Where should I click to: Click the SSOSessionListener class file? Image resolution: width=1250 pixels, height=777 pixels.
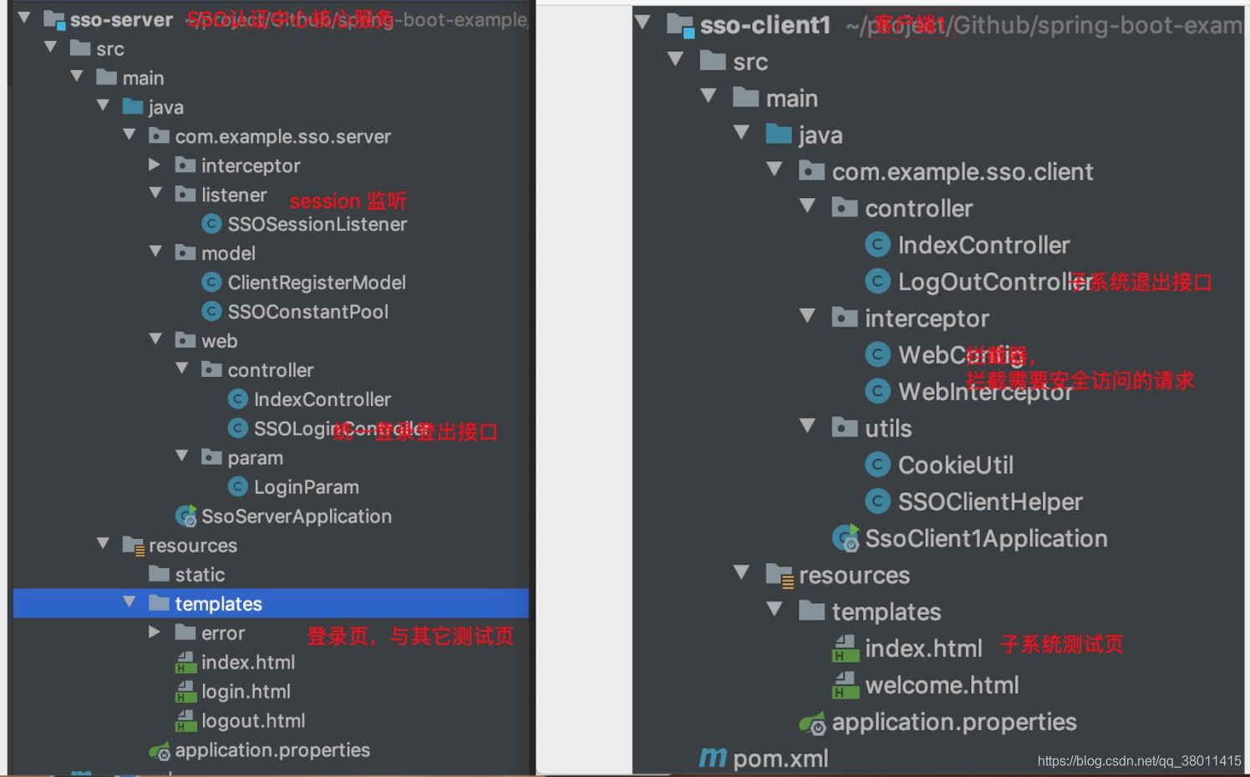[317, 224]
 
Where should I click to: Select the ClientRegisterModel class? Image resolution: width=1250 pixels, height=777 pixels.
[316, 282]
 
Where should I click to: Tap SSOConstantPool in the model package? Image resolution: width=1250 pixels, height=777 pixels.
[307, 312]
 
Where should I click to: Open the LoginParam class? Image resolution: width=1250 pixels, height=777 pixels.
[306, 487]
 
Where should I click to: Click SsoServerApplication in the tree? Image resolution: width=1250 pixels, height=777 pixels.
[296, 516]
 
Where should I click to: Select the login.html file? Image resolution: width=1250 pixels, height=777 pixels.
[245, 692]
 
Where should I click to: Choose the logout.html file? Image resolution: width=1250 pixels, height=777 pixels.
[252, 721]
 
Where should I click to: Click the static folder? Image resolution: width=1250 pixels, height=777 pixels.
[199, 575]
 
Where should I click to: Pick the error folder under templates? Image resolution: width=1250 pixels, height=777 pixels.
[222, 633]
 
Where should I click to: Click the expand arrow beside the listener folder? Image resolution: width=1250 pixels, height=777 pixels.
[155, 194]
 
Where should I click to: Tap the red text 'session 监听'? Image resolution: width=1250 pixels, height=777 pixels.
[348, 201]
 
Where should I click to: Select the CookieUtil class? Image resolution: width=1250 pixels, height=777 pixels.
[955, 465]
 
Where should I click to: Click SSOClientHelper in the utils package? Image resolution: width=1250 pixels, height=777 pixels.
[989, 502]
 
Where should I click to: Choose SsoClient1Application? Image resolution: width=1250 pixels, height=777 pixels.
[985, 539]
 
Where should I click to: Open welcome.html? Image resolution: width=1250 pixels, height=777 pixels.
[941, 685]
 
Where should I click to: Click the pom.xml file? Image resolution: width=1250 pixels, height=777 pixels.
[780, 759]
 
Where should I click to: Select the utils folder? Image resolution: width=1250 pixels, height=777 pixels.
[887, 429]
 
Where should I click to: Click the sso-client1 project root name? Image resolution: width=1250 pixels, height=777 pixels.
[765, 25]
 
